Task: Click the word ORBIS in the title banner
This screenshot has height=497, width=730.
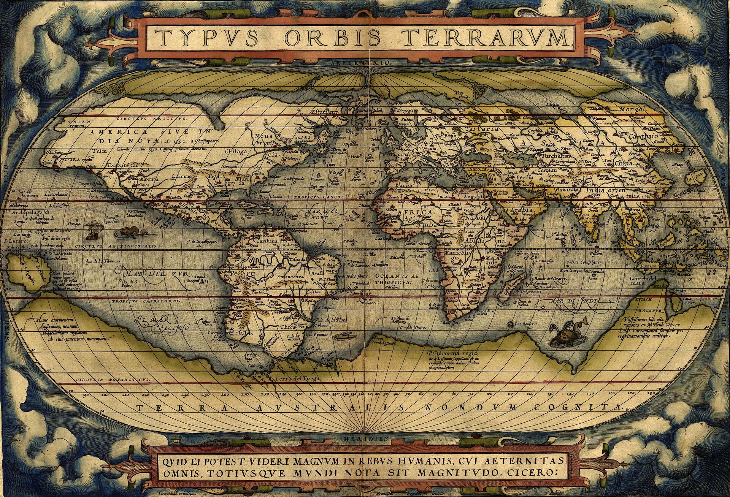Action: (332, 38)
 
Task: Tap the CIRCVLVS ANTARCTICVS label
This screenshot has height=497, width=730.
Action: (113, 380)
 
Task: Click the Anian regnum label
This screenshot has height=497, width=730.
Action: (78, 123)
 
